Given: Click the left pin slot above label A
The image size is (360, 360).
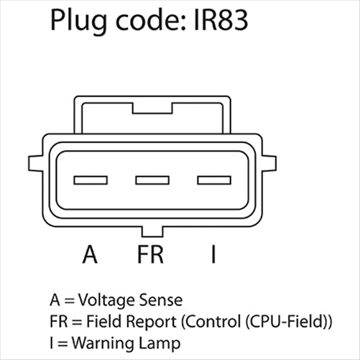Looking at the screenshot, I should tap(90, 180).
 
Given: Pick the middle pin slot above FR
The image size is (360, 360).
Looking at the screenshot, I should tap(152, 180).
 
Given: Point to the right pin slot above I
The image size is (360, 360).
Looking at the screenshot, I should tap(214, 180).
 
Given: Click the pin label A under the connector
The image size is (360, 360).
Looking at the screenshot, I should tap(90, 255).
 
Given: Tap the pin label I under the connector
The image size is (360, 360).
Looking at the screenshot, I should tap(213, 255).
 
